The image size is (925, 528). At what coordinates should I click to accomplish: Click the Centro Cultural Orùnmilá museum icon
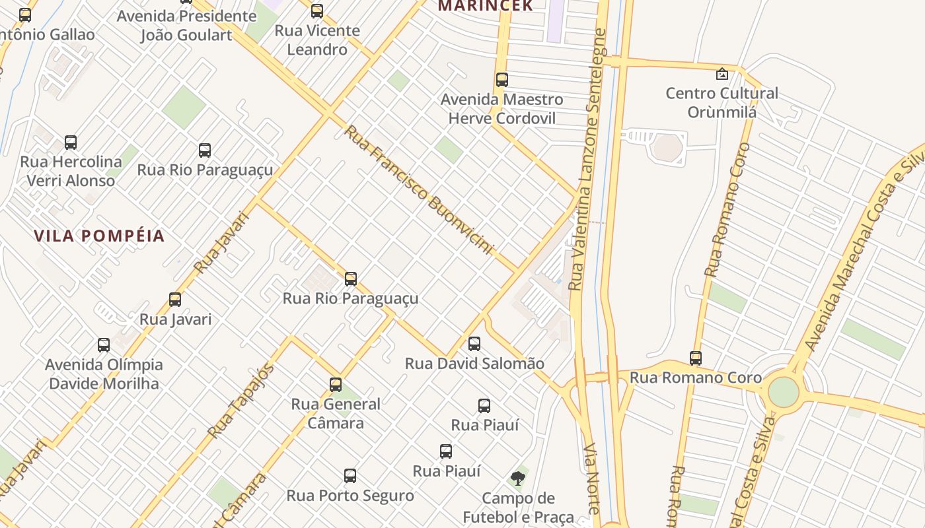coord(721,74)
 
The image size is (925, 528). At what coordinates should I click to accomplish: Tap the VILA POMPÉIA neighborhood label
coord(99,236)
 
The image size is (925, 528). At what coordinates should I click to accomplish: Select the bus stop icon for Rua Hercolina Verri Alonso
coord(71,142)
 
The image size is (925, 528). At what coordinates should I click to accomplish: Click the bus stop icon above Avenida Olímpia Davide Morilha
coord(104,345)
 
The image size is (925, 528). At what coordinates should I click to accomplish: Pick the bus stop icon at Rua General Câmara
coord(336,384)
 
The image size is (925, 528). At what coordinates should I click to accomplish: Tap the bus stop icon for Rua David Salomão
coord(474,343)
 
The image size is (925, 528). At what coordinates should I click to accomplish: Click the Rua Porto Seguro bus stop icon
coord(350,475)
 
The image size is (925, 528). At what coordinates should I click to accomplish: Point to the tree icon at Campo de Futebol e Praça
coord(518,478)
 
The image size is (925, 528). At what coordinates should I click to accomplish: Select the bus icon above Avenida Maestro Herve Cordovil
coord(502,80)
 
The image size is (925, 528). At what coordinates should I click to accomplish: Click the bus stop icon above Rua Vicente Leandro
coord(317,11)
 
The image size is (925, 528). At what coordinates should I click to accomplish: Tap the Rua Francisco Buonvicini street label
coord(419,190)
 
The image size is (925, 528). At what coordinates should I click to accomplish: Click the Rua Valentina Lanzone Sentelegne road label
coord(588,158)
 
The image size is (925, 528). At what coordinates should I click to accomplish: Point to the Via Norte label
coord(592,478)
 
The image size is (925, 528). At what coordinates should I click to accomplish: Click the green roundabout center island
coord(784,392)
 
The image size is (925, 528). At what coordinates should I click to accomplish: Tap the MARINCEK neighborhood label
coord(486,6)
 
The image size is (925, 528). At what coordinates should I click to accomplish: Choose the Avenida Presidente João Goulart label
coord(186,25)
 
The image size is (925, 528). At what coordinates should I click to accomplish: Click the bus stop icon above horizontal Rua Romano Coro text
coord(696,358)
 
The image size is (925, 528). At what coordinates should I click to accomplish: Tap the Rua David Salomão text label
coord(474,364)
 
